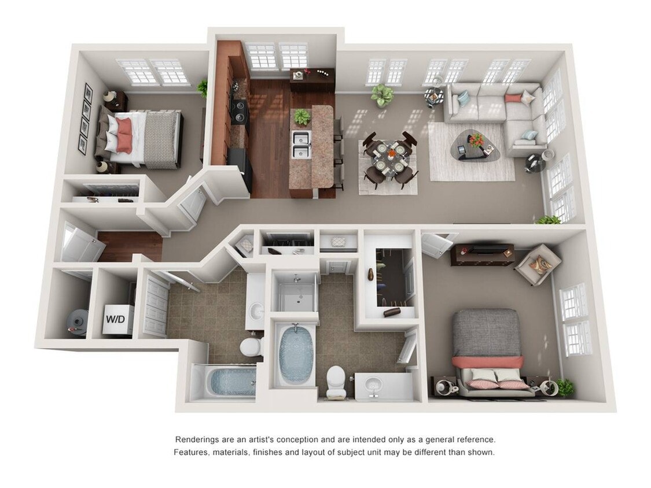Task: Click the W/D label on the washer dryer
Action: (115, 319)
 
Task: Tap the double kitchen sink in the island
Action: (301, 144)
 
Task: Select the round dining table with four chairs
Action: (389, 157)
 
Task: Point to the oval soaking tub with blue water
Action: (296, 354)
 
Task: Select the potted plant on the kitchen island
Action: (302, 117)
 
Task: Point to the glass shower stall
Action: (296, 291)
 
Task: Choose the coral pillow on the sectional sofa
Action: (513, 98)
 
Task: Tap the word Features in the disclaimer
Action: (191, 452)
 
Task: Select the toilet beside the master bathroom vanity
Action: (336, 381)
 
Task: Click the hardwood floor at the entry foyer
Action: (130, 246)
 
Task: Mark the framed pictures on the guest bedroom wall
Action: (86, 119)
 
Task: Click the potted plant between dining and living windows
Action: (382, 95)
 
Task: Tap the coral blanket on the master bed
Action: (487, 362)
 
